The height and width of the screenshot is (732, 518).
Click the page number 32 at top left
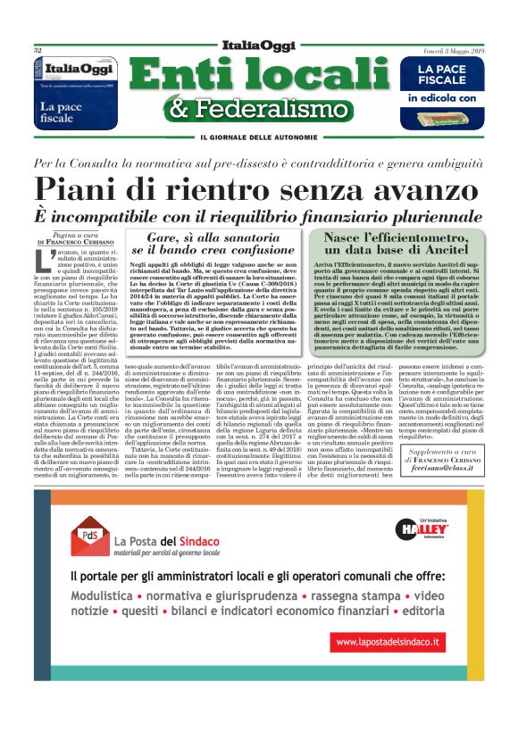pyautogui.click(x=38, y=50)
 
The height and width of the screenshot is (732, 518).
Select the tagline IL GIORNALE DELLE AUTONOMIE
pyautogui.click(x=259, y=137)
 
